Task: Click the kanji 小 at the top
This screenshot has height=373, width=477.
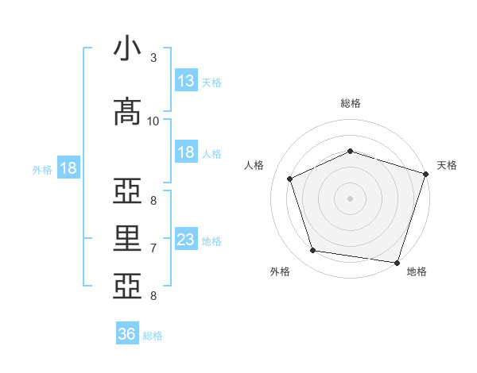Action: [127, 48]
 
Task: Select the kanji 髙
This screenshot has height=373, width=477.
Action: [127, 111]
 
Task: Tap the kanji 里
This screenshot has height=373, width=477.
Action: [127, 238]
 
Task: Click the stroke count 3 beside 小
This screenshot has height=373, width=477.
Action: [153, 58]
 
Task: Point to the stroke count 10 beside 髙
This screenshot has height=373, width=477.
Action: [153, 121]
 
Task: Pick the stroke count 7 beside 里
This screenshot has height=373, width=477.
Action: [153, 248]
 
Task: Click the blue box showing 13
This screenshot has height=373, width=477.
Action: [187, 80]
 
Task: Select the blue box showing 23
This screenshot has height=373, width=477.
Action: [187, 238]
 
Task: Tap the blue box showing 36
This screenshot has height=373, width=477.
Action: [127, 333]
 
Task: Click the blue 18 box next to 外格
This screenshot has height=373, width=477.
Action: [68, 167]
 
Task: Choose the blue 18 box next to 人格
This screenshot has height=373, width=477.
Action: [187, 152]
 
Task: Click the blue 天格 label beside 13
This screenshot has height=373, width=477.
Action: [211, 83]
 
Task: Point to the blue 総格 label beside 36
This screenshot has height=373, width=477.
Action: [153, 336]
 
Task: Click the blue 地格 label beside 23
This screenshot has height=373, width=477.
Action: [211, 241]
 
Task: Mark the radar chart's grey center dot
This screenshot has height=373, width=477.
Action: [350, 198]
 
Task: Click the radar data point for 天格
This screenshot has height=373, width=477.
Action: [426, 174]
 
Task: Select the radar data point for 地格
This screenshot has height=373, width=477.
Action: [397, 263]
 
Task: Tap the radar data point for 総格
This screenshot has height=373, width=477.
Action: [350, 151]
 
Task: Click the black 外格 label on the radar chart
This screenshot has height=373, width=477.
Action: [280, 271]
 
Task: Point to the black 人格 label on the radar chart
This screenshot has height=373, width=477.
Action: [254, 165]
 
